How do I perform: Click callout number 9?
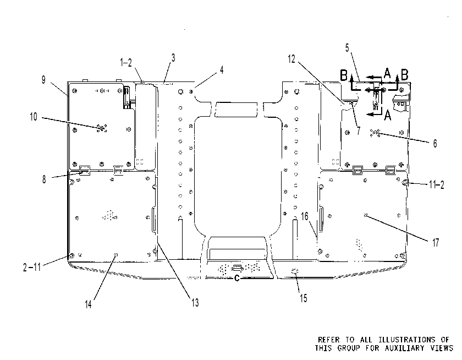click(x=43, y=80)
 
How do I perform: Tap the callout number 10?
click(x=34, y=117)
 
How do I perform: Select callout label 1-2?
click(x=126, y=63)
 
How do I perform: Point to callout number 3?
click(x=173, y=58)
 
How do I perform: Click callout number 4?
click(x=222, y=70)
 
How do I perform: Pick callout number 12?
click(x=291, y=59)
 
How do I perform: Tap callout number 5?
click(x=347, y=47)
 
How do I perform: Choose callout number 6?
click(x=435, y=144)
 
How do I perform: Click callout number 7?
click(x=358, y=130)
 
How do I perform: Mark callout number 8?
click(x=44, y=179)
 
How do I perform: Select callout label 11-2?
click(x=436, y=185)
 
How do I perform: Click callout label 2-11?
click(x=32, y=267)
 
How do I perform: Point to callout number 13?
click(x=195, y=303)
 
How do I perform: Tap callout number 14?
click(x=89, y=304)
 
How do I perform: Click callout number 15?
click(x=304, y=298)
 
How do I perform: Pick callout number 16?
click(x=305, y=217)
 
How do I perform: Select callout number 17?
click(x=436, y=243)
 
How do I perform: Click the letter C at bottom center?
click(x=237, y=278)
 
